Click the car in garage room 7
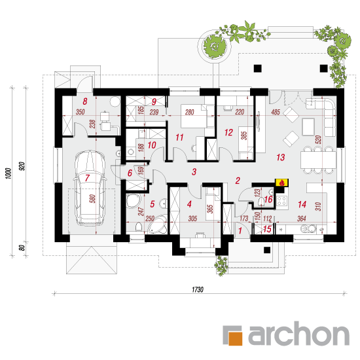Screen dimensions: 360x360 [90, 188]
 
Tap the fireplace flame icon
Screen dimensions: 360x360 [282, 183]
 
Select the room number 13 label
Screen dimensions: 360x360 [281, 157]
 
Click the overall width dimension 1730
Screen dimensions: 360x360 [198, 289]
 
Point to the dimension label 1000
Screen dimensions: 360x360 [8, 173]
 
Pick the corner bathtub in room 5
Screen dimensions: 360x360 [157, 225]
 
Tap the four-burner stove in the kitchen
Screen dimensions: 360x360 [282, 200]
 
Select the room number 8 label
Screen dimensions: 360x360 [85, 101]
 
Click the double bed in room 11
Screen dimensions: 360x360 [194, 116]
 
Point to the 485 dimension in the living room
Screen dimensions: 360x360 [276, 112]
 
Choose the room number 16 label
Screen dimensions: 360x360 [268, 199]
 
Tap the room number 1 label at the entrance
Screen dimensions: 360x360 [240, 230]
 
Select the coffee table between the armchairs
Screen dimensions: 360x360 [308, 126]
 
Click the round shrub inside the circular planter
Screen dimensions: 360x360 [215, 46]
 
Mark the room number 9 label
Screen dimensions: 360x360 [154, 101]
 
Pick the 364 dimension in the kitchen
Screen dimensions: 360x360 [302, 219]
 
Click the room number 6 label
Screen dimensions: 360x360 [130, 173]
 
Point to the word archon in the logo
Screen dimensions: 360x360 [298, 333]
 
